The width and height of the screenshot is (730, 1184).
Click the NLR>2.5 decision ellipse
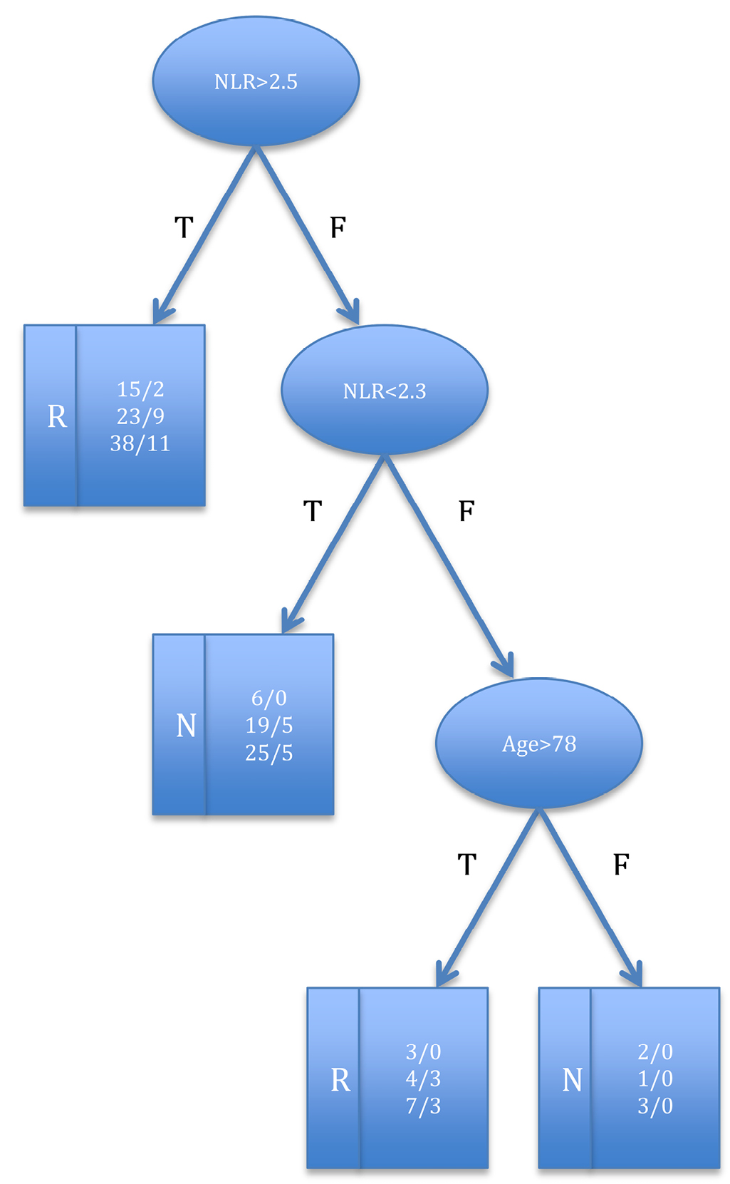coord(256,82)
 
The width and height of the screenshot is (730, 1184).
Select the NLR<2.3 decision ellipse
coord(385,391)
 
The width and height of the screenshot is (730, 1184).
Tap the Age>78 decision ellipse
coord(539,744)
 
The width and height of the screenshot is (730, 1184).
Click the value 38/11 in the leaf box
coord(140,444)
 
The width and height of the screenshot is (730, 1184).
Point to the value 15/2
coord(140,389)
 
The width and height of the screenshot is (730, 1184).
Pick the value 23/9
coord(140,416)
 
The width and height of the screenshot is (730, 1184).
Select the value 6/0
coord(269,699)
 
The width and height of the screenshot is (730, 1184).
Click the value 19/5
coord(269,726)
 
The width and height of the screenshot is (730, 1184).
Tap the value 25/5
coord(269,753)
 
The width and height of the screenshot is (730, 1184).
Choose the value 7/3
coord(423,1106)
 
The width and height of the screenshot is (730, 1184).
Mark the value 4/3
coord(423,1079)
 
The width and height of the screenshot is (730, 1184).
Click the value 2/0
coord(655,1052)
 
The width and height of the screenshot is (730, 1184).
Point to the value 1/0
coord(655,1079)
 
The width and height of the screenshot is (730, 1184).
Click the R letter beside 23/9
coord(57,417)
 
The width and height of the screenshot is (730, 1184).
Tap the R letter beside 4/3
coord(340,1081)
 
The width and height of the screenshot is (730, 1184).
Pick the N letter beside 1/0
coord(573,1081)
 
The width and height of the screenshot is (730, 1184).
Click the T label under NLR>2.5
coord(184,228)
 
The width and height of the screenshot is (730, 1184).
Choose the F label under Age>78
coord(621,865)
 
